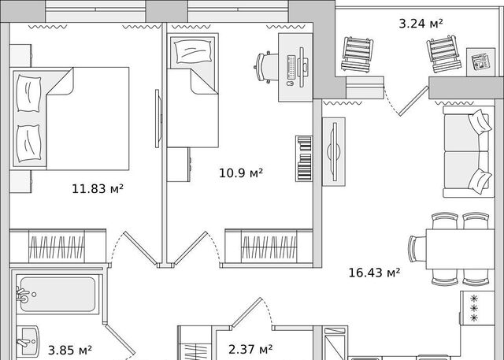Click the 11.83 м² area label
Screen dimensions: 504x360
pyautogui.click(x=98, y=188)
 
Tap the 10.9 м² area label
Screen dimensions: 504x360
pyautogui.click(x=241, y=173)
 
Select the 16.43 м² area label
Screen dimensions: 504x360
pyautogui.click(x=375, y=273)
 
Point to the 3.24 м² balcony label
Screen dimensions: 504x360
pyautogui.click(x=421, y=24)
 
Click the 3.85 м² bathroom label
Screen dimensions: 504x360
pyautogui.click(x=70, y=350)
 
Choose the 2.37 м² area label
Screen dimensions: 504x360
pyautogui.click(x=250, y=349)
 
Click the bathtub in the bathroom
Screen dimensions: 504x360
pyautogui.click(x=57, y=295)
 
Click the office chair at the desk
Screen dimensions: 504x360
pyautogui.click(x=267, y=68)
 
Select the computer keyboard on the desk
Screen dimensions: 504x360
pyautogui.click(x=291, y=67)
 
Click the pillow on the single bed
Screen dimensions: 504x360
pyautogui.click(x=193, y=51)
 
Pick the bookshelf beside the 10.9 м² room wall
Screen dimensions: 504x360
pyautogui.click(x=304, y=158)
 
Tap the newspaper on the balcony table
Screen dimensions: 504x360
pyautogui.click(x=480, y=62)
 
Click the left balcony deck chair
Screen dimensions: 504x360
pyautogui.click(x=358, y=54)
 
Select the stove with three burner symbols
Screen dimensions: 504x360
pyautogui.click(x=477, y=308)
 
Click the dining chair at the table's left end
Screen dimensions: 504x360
pyautogui.click(x=417, y=249)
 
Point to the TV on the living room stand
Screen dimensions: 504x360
pyautogui.click(x=334, y=152)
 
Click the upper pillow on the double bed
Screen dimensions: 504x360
pyautogui.click(x=29, y=94)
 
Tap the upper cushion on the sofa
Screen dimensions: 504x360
pyautogui.click(x=480, y=122)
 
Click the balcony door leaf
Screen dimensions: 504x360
pyautogui.click(x=414, y=101)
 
